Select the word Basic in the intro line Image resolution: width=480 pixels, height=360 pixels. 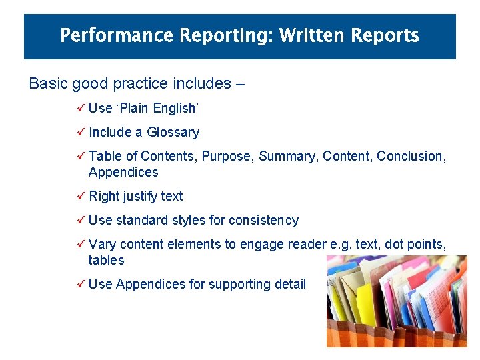pyautogui.click(x=48, y=84)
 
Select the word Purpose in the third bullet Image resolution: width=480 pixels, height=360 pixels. pyautogui.click(x=227, y=156)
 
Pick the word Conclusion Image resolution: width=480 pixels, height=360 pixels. pyautogui.click(x=411, y=156)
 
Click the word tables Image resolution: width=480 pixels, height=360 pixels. pyautogui.click(x=106, y=260)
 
